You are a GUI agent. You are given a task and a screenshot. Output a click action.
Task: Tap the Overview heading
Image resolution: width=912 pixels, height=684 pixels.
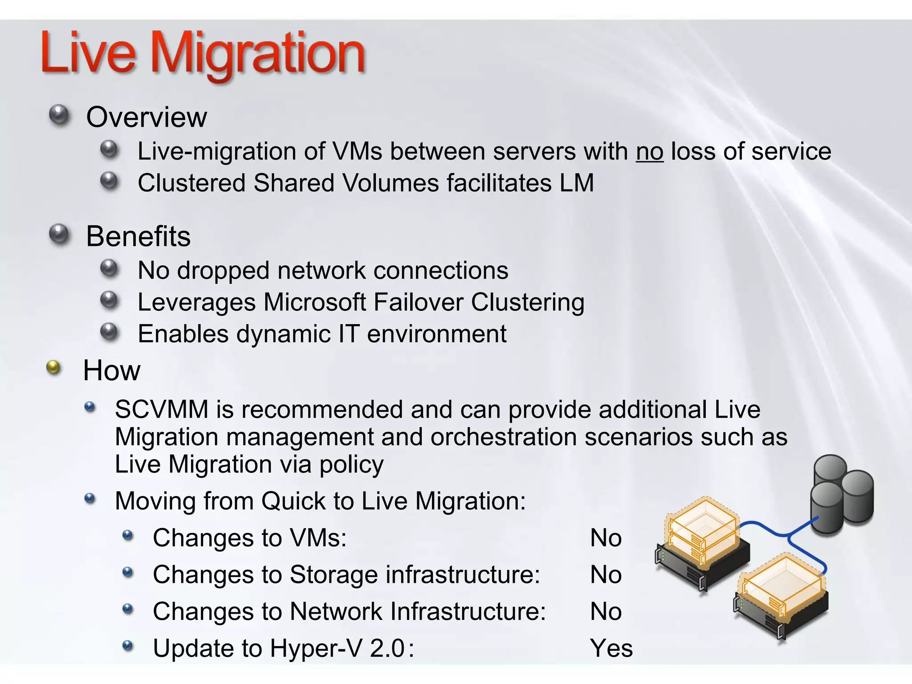coord(147,117)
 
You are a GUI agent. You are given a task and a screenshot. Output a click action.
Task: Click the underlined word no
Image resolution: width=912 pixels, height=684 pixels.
coord(649,152)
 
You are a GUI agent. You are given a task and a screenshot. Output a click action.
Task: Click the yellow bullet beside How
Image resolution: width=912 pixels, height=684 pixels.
coord(53,367)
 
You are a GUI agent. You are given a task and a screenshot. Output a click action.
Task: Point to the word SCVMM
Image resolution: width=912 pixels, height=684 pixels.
coord(161,409)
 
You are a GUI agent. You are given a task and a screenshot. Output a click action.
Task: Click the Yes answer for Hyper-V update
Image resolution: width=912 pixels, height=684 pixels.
coord(611,648)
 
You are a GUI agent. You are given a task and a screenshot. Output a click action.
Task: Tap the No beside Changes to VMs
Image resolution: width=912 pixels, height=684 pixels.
coord(606,538)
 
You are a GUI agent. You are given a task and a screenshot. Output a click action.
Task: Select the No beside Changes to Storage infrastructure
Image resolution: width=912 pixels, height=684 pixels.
coord(606,574)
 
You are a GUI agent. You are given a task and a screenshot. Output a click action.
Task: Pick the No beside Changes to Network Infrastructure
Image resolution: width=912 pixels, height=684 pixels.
coord(606,611)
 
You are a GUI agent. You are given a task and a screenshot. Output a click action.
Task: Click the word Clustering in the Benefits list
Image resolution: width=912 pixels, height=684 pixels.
coord(528,302)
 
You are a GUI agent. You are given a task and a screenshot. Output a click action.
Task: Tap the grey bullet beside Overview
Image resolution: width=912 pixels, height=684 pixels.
coord(59,115)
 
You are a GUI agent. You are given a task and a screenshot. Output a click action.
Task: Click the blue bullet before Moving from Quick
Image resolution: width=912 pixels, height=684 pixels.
coord(90,498)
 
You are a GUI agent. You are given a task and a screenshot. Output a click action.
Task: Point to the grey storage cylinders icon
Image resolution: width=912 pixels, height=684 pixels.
coord(842,494)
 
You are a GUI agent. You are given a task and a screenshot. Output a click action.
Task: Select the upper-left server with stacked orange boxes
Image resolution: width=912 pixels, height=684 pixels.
coord(701,543)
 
